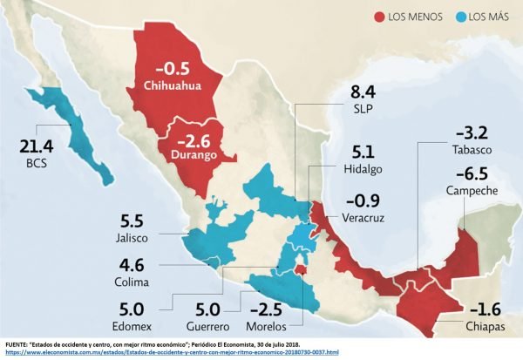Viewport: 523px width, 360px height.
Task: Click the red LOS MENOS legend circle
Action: [379, 16]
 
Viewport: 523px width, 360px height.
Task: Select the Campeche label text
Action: [474, 190]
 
